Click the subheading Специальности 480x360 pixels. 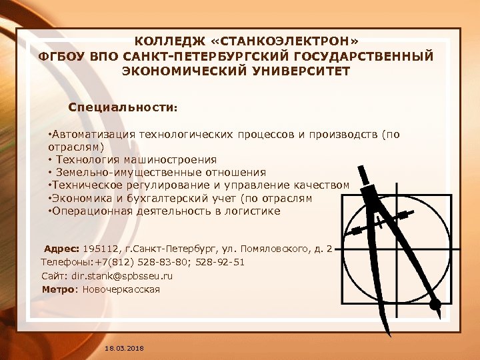coord(123,107)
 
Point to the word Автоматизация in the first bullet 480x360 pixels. coord(91,134)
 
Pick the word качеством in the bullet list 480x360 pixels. coord(321,185)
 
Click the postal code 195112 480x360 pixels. coord(100,249)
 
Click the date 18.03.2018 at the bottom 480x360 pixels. coord(125,349)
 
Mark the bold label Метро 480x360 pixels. coord(59,289)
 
